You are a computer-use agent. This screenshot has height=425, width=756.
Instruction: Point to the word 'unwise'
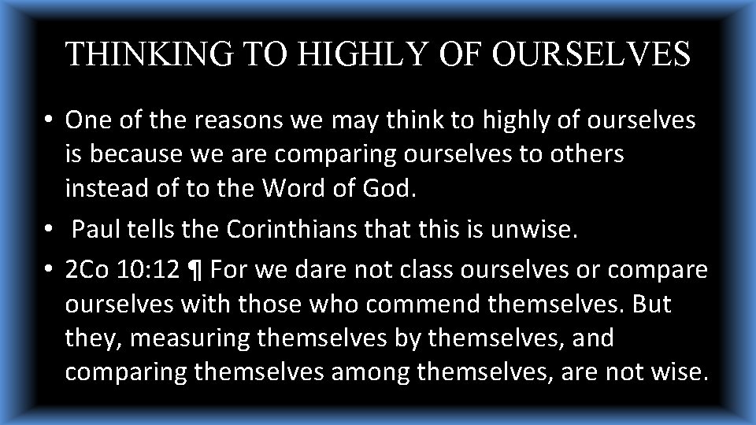tap(535, 231)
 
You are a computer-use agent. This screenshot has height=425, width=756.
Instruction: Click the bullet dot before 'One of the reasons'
tap(49, 121)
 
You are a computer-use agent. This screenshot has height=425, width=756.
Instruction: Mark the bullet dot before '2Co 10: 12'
tap(49, 271)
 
